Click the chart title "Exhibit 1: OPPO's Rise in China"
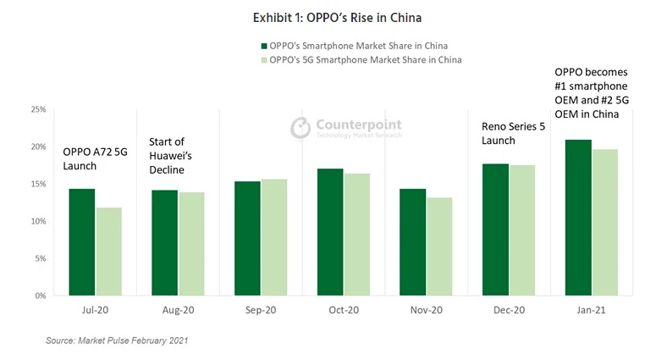click(333, 17)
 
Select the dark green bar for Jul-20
click(82, 242)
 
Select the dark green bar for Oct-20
click(330, 232)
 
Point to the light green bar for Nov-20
click(438, 246)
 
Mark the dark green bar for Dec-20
click(495, 230)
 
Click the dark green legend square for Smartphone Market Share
click(263, 45)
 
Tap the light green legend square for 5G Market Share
click(263, 60)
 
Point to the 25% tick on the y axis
click(39, 109)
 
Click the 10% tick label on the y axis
click(39, 221)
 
